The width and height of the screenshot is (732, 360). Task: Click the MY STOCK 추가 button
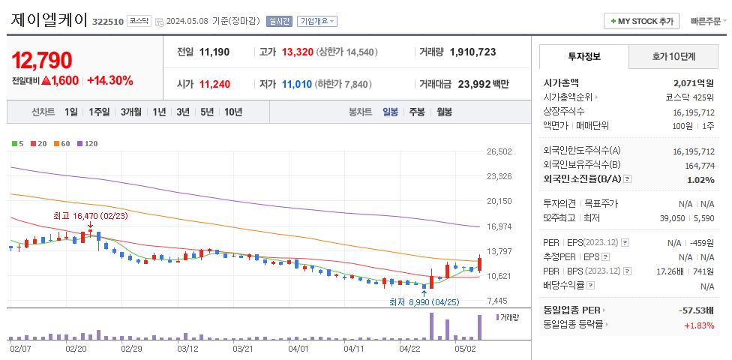[x=642, y=21]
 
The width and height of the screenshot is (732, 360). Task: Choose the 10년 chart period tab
[x=232, y=112]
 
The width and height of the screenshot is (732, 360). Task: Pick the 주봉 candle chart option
[x=416, y=112]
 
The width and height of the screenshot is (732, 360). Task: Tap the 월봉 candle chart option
[x=444, y=112]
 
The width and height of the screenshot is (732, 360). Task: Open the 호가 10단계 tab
[x=673, y=56]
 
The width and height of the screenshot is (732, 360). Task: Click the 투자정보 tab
[x=584, y=56]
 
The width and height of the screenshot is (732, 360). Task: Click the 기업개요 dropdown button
[x=317, y=21]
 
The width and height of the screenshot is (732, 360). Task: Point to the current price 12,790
[x=42, y=60]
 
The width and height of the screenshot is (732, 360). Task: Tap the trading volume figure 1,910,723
[x=472, y=52]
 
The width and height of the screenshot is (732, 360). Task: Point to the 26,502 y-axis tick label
[x=499, y=151]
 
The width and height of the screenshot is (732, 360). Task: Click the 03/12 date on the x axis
[x=187, y=348]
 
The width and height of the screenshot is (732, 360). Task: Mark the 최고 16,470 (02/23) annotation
[x=90, y=215]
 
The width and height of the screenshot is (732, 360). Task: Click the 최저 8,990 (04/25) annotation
[x=424, y=302]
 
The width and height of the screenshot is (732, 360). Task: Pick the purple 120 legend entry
[x=88, y=142]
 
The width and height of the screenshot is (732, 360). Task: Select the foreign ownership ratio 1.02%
[x=700, y=179]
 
